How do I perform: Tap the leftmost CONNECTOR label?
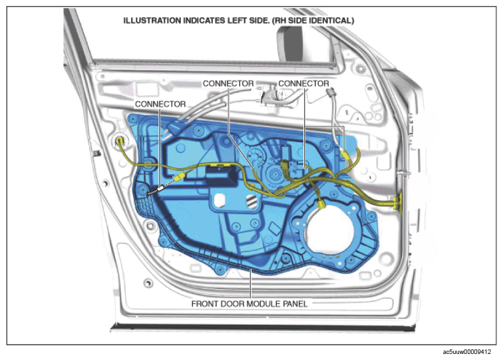coord(160,104)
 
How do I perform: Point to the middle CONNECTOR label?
coord(228,83)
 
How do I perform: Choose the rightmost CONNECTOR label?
coord(303,83)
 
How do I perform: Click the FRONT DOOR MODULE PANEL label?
coord(250,303)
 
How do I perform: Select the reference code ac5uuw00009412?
coord(467,352)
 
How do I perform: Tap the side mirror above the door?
coord(289,43)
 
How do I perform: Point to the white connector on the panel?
coord(160,189)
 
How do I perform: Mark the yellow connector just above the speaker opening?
coord(321,204)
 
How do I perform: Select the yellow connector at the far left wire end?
coord(120,141)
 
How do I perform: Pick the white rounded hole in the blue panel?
coord(220,201)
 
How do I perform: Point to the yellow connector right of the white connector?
coord(180,176)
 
